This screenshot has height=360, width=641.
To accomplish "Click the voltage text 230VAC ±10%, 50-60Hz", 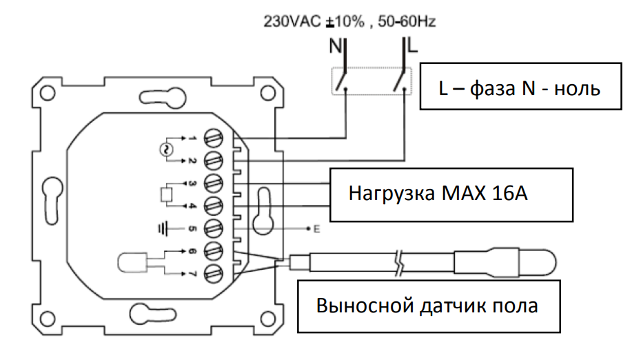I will click(349, 22).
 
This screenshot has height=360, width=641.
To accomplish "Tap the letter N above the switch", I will click(336, 47).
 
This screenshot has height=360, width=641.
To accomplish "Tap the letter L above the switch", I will click(412, 47).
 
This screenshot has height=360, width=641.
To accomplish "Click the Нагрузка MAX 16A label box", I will click(451, 193).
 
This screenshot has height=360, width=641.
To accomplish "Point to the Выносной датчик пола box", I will click(428, 305).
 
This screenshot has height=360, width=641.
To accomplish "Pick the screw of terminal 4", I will click(214, 206).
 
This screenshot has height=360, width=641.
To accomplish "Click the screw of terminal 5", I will click(214, 228).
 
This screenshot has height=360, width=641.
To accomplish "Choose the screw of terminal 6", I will click(214, 250).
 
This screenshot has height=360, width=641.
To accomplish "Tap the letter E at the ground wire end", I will click(316, 228).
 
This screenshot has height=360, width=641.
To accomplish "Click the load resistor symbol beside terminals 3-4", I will click(166, 195).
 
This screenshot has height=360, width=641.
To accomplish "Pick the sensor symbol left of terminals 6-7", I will click(134, 263).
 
